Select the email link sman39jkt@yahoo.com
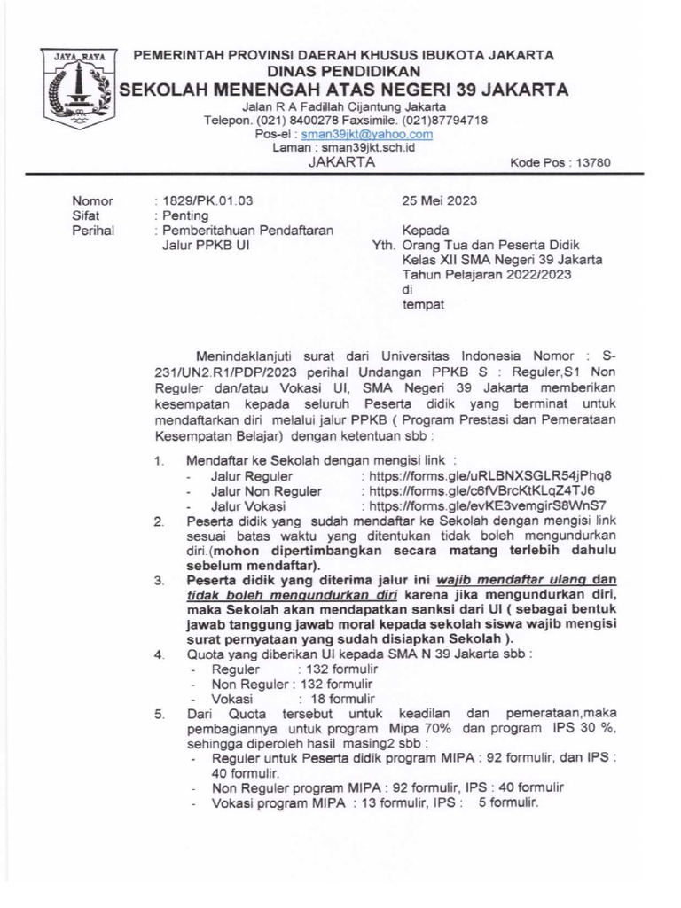[366, 134]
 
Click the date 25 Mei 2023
[439, 200]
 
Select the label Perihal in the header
[91, 231]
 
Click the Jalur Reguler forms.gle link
[486, 475]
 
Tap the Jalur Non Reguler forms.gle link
[477, 490]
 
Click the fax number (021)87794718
[444, 120]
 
